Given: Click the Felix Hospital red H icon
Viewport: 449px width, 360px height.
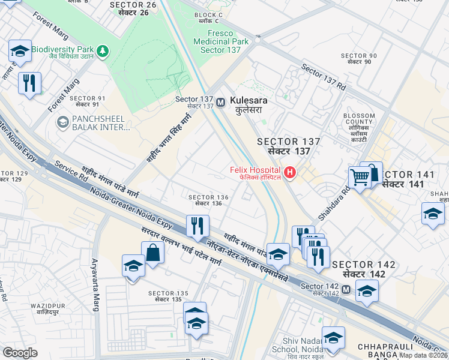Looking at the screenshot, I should pos(291,173).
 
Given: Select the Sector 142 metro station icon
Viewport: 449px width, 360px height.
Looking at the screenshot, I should pos(346,290).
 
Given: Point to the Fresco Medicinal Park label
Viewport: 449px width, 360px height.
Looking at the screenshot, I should pos(220,42).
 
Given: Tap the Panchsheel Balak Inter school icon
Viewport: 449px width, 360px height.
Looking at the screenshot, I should pos(62,122).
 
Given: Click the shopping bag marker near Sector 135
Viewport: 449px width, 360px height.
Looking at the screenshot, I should pos(153,253).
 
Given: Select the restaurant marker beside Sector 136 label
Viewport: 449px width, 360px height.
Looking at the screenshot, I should pos(197,227).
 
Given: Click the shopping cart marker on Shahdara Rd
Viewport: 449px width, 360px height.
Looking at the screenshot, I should pos(360,178).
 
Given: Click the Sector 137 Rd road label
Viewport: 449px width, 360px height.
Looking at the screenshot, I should pos(324,77).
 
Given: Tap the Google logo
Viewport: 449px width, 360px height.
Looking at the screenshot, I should pos(20,353).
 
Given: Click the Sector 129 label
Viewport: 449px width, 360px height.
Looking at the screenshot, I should pos(13,176).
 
